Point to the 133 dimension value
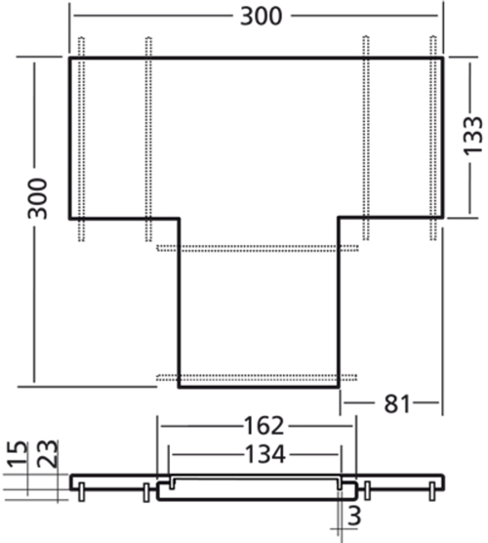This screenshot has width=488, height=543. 471,137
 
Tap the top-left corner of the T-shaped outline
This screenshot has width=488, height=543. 69,59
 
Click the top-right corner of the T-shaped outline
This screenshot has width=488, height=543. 444,59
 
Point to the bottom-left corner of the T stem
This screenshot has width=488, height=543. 179,387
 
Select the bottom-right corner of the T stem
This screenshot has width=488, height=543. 339,387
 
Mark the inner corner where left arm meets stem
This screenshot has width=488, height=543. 179,218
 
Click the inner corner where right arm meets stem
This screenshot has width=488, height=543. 339,218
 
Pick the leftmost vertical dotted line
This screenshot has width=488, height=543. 81,137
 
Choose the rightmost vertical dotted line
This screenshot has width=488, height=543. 432,137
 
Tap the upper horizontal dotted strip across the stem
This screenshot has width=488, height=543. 259,248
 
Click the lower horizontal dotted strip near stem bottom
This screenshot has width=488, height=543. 259,376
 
